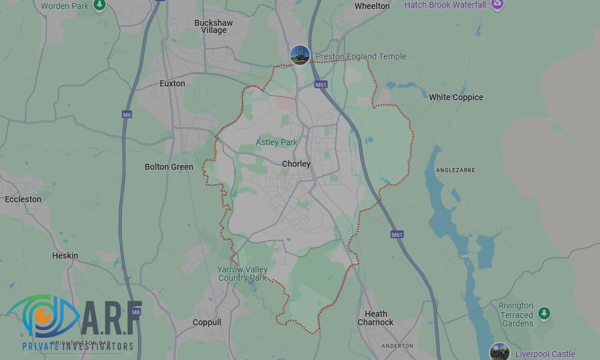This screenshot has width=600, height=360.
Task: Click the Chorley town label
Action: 296,164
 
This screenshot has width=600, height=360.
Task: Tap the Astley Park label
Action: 276,142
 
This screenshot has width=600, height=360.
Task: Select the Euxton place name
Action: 172,83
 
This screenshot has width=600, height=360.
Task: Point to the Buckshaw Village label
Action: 214,26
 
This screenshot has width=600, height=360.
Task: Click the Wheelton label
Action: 372,6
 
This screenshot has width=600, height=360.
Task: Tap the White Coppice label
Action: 455,97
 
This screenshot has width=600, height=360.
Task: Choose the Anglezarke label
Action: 455,170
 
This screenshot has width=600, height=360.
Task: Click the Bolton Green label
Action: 169,167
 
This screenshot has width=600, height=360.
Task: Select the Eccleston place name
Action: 23,199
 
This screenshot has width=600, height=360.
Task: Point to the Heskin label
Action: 65,256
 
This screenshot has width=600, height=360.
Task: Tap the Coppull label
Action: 207,322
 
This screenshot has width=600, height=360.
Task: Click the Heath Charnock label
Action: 376,318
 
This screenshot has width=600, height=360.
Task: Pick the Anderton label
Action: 397,346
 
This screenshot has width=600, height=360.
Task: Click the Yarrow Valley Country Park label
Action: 242,274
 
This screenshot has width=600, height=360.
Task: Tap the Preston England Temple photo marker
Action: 299,55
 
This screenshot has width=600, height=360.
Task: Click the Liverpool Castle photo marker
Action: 499,352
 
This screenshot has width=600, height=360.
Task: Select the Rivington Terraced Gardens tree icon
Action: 544,313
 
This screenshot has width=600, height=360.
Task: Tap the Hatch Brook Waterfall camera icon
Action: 497,5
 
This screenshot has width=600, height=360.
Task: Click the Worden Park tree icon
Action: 100,5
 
